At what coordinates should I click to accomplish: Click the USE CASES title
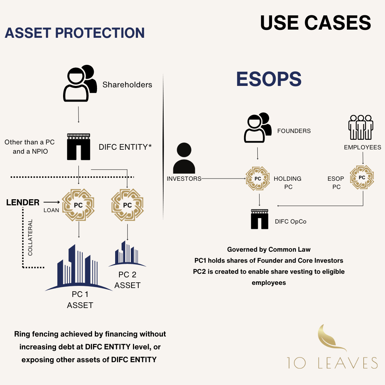(x=315, y=23)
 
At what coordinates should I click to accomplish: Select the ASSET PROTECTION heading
(x=75, y=33)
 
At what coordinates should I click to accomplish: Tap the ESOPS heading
(x=269, y=79)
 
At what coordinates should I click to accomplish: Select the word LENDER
(x=23, y=202)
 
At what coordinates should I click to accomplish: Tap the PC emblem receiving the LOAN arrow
(x=78, y=205)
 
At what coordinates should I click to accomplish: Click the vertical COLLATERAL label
(x=30, y=237)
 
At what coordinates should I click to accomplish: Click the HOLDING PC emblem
(x=258, y=178)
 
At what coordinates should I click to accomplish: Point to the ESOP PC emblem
(x=362, y=177)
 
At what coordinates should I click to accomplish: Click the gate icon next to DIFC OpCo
(x=260, y=219)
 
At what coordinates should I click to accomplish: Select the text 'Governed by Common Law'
(x=269, y=250)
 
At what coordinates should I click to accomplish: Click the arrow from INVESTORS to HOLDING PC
(x=223, y=178)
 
